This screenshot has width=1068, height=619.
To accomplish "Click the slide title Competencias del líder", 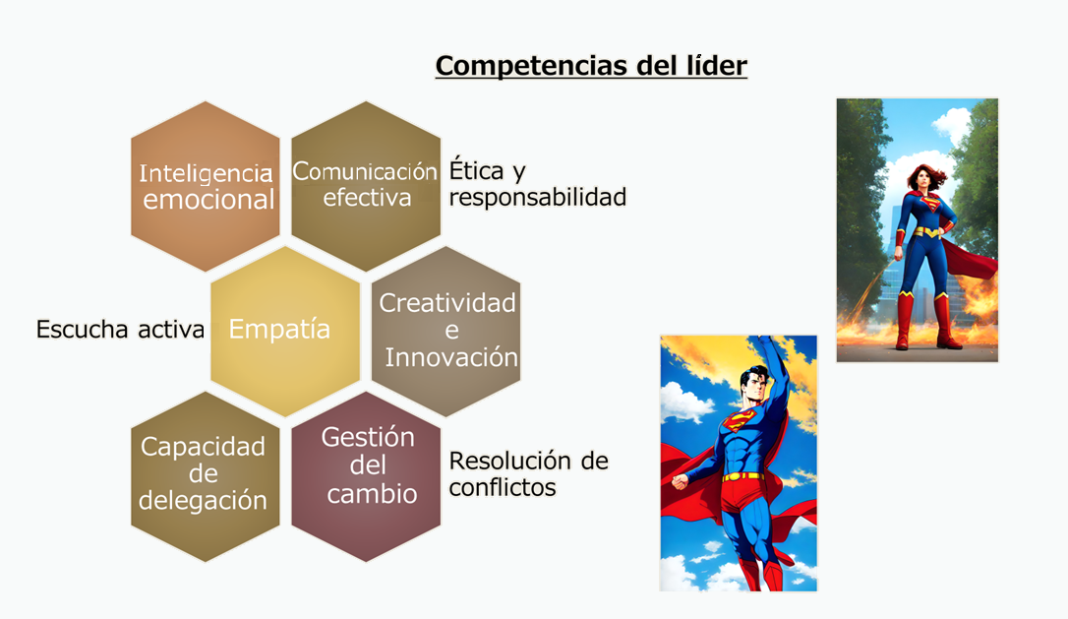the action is pyautogui.click(x=591, y=66).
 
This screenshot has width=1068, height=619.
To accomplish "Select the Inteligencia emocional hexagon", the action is pyautogui.click(x=205, y=186).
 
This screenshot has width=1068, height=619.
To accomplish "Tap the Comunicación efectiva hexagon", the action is pyautogui.click(x=366, y=186).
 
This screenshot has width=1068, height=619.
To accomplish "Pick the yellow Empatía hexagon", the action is pyautogui.click(x=285, y=332).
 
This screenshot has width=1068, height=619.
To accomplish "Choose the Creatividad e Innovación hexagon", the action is pyautogui.click(x=446, y=332).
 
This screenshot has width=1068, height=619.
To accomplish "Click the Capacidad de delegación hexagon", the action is pyautogui.click(x=205, y=476).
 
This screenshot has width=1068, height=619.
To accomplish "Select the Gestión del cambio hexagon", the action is pyautogui.click(x=366, y=476).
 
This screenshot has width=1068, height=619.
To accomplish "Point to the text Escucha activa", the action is pyautogui.click(x=120, y=330).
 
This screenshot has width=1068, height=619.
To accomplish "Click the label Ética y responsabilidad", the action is pyautogui.click(x=537, y=183).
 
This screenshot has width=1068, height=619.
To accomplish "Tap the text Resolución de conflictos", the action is pyautogui.click(x=528, y=473).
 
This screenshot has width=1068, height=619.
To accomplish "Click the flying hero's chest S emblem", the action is pyautogui.click(x=739, y=420).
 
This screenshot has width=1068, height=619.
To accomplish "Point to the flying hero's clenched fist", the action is pyautogui.click(x=680, y=481).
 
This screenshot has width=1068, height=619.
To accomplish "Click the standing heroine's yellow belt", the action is pyautogui.click(x=926, y=232).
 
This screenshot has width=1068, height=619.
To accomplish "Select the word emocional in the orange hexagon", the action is pyautogui.click(x=208, y=200).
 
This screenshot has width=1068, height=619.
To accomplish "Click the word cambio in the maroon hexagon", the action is pyautogui.click(x=372, y=494).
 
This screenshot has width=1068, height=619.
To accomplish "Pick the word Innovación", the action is pyautogui.click(x=451, y=357).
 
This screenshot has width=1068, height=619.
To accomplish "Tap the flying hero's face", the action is pyautogui.click(x=753, y=387).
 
